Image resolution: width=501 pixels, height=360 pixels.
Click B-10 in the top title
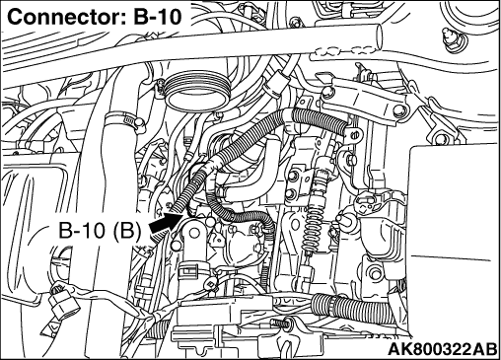click(157, 17)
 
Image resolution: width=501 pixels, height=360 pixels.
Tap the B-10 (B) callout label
click(100, 230)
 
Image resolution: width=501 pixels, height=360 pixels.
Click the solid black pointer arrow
click(166, 223)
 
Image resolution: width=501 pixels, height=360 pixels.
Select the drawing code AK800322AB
click(442, 349)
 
